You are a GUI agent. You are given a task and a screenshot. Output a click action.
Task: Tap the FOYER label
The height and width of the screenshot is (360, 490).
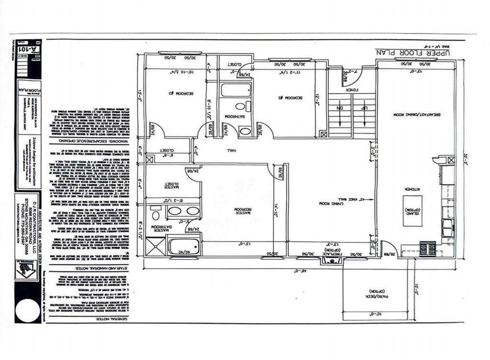pos(352,89)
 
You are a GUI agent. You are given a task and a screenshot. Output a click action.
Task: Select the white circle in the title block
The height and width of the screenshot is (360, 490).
pos(27,310)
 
